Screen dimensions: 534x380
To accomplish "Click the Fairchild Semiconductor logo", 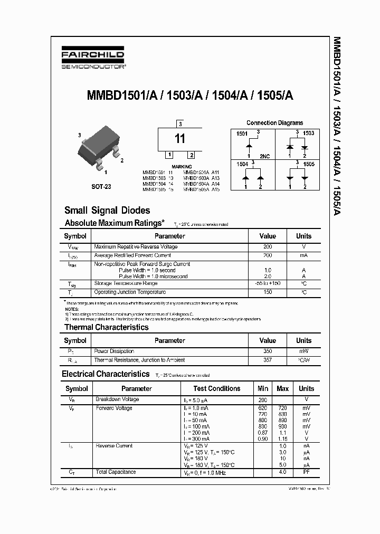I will click(92, 60).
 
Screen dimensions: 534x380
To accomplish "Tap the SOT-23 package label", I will click(101, 186).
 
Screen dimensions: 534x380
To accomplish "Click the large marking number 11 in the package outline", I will click(180, 139).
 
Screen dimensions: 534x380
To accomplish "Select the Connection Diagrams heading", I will click(274, 122).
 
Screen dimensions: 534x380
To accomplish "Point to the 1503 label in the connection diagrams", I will click(309, 133).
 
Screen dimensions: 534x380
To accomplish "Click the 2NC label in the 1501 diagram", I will click(264, 156).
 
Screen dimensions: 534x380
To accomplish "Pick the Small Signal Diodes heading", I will click(107, 211).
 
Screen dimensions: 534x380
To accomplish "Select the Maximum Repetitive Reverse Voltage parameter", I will click(136, 247).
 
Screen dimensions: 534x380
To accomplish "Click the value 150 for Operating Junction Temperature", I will click(268, 292).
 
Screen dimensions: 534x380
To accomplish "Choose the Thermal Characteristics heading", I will click(106, 327).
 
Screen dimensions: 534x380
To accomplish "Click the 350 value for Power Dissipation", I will click(268, 351).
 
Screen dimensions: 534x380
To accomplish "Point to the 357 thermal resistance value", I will click(268, 360).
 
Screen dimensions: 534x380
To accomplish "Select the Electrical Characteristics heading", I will click(106, 374).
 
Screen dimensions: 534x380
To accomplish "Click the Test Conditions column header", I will click(217, 388).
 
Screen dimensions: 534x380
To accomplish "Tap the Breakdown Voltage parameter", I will click(117, 399).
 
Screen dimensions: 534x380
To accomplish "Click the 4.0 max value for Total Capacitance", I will click(282, 472).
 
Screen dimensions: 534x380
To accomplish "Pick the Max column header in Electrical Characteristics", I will click(282, 388).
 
